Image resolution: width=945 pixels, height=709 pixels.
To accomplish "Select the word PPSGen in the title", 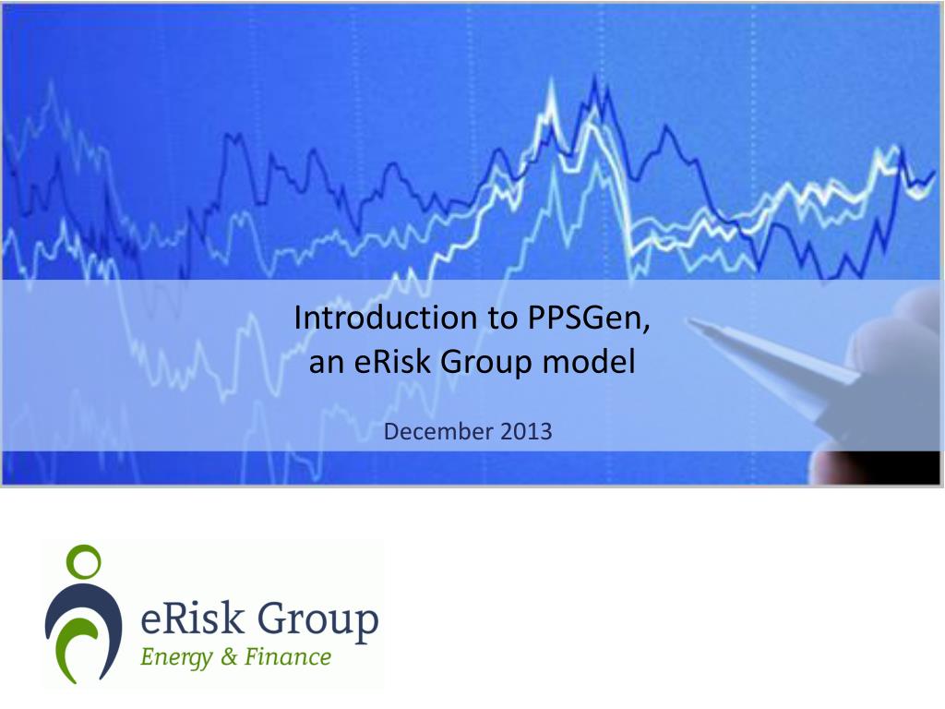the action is point(588,318).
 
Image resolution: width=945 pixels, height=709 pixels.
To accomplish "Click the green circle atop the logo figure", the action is point(83,562).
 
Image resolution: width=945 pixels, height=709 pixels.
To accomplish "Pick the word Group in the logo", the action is point(318,621).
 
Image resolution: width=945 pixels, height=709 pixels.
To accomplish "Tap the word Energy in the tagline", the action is point(176,657).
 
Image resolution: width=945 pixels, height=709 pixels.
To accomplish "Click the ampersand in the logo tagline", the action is point(230,656).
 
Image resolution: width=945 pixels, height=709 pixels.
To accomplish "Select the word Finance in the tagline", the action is point(288,656).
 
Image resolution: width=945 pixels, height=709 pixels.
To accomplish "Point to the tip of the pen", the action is point(688,320).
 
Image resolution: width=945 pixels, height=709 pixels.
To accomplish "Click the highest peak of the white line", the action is point(551,78).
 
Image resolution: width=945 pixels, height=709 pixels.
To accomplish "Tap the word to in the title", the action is point(501,318).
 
